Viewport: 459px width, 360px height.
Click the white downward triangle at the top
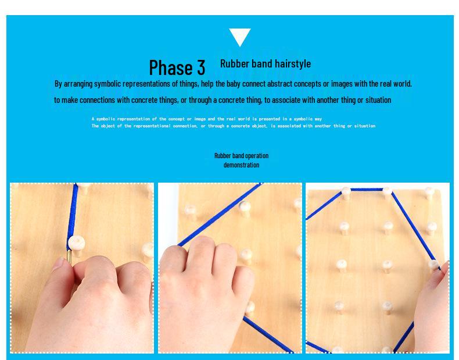(239, 37)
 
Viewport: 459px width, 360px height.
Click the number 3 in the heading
(200, 67)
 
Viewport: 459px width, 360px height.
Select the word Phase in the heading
(171, 67)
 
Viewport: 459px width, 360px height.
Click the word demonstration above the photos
(241, 165)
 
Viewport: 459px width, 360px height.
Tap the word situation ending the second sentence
(374, 100)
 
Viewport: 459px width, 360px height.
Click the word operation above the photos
(256, 156)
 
